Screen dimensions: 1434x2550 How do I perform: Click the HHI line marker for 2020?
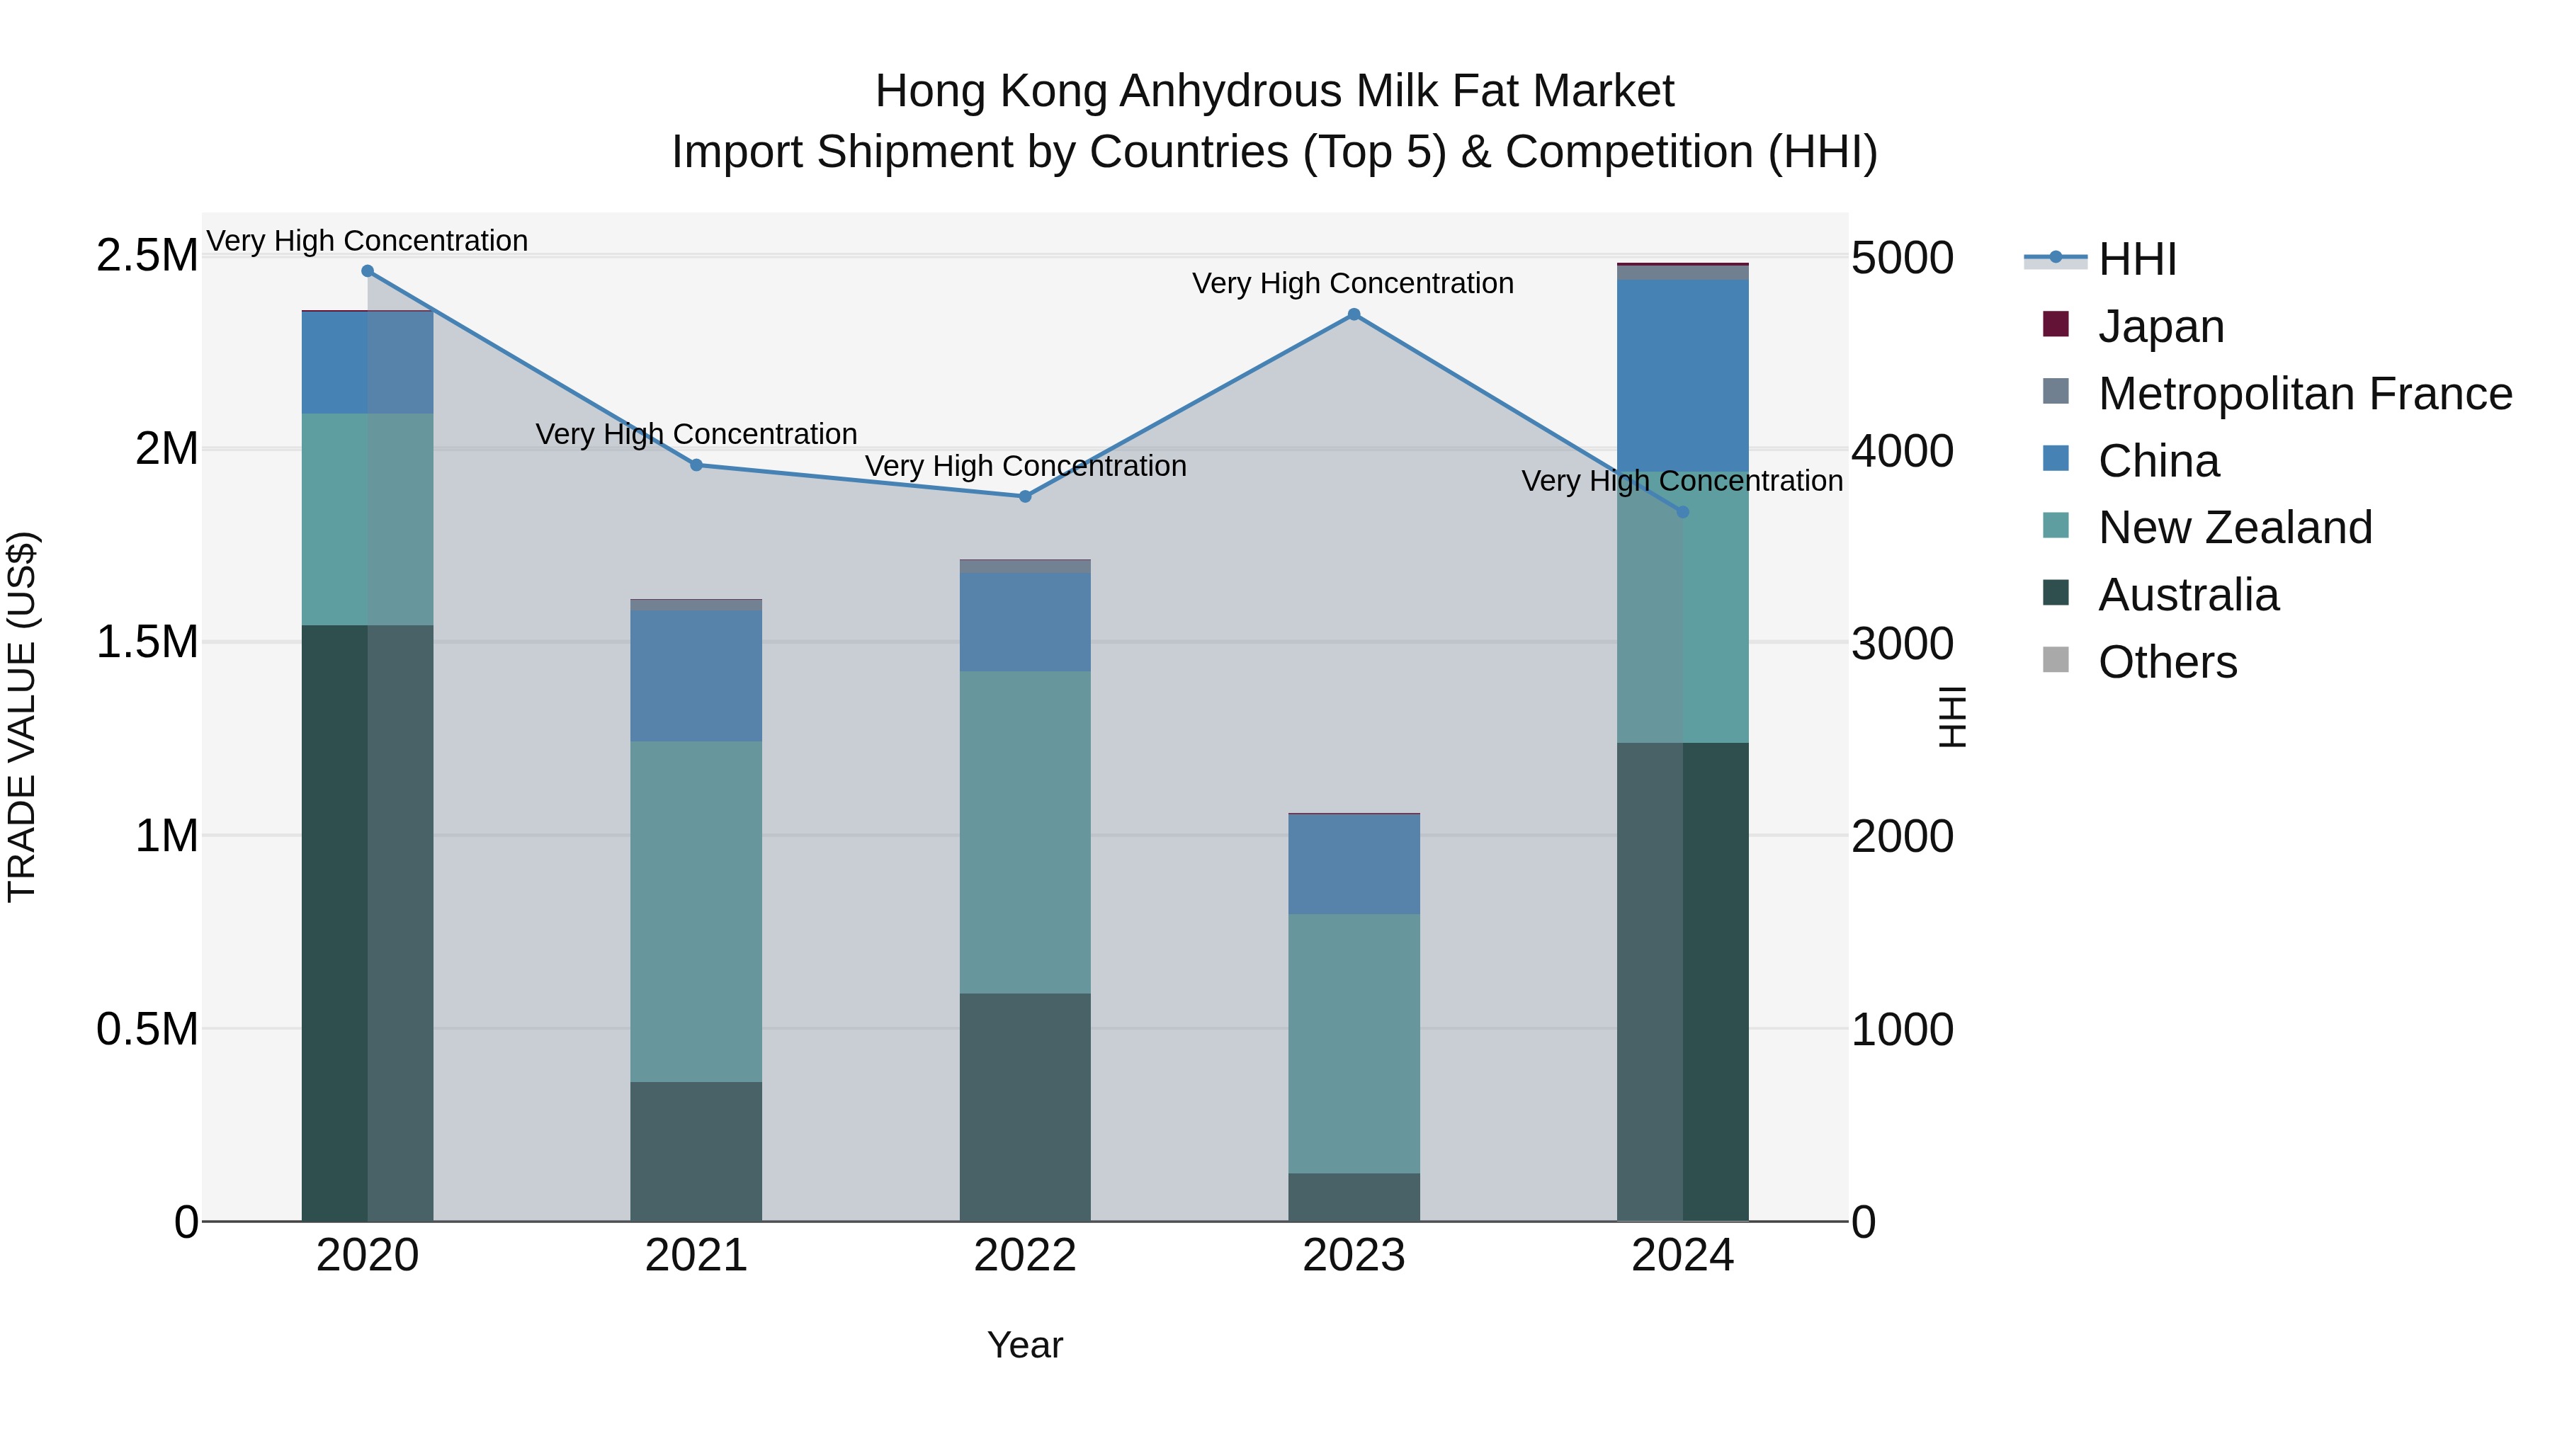point(367,271)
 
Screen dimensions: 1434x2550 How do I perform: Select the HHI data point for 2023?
point(1353,314)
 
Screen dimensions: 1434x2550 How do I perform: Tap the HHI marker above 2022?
point(1024,497)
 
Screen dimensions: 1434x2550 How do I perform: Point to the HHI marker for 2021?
point(696,465)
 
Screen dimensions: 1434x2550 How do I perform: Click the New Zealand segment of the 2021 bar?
point(696,911)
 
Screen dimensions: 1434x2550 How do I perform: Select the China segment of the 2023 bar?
point(1353,864)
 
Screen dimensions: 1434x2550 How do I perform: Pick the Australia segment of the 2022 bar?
point(1024,1106)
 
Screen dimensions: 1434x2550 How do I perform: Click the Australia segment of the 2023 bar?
point(1353,1197)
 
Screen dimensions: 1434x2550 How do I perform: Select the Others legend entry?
point(2167,662)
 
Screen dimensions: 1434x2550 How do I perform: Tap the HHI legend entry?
point(2136,259)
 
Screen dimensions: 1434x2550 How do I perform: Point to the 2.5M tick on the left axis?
point(147,256)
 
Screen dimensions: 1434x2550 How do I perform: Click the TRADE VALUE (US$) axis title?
point(22,717)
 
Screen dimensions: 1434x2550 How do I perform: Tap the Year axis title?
point(1024,1345)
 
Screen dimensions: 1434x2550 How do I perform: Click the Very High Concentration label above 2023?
point(1352,284)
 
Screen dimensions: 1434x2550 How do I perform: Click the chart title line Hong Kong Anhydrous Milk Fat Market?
point(1274,91)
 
